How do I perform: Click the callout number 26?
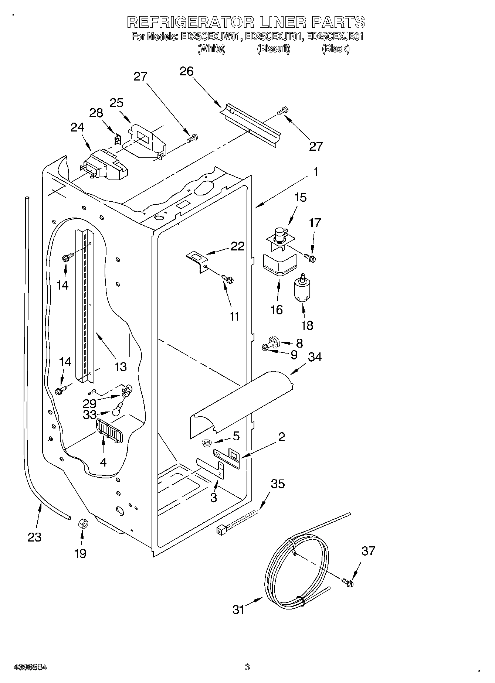(x=187, y=71)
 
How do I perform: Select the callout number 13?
(x=121, y=366)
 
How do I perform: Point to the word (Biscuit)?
(x=274, y=48)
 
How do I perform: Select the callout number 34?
(x=315, y=357)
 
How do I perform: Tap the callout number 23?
(x=34, y=537)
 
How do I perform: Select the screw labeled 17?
(x=310, y=257)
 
